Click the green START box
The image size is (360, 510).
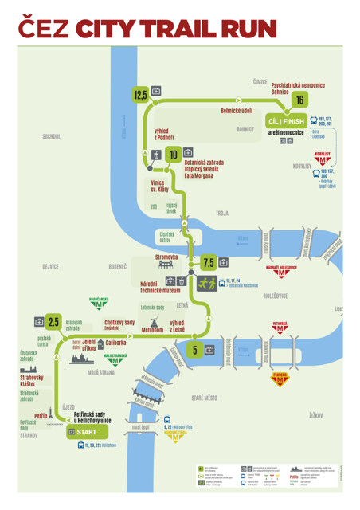(x=82, y=431)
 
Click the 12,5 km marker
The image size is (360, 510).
(x=140, y=95)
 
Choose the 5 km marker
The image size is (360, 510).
(x=194, y=349)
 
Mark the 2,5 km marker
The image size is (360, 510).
(x=53, y=322)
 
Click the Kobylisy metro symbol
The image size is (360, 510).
(x=323, y=160)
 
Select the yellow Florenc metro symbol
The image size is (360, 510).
(x=280, y=382)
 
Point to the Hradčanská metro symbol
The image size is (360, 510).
(x=100, y=304)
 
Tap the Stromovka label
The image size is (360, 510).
(x=166, y=257)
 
